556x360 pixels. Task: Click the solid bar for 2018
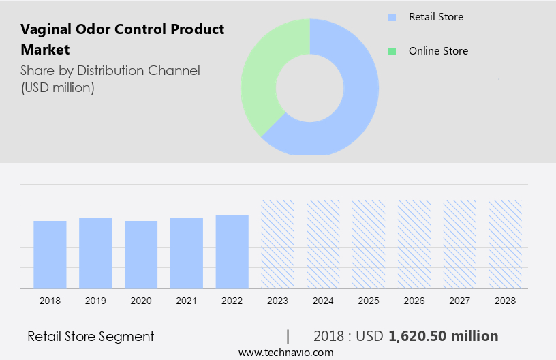[x=50, y=254]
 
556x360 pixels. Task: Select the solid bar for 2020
[x=141, y=254]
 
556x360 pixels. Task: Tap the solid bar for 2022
[x=232, y=252]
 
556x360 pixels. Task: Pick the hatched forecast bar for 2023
[x=278, y=244]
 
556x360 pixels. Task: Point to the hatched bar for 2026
[x=414, y=244]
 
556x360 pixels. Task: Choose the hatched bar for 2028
[x=506, y=244]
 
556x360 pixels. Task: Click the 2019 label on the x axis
[x=95, y=301]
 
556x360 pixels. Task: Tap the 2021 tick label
[x=187, y=301]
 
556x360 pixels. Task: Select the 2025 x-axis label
[x=369, y=301]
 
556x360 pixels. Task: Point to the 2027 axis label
[x=460, y=301]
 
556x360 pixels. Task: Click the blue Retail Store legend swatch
[x=392, y=17]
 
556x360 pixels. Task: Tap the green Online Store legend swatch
[x=392, y=51]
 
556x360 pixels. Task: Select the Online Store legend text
[x=438, y=51]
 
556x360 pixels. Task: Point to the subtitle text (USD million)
[x=57, y=87]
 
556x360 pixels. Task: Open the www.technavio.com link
[x=285, y=352]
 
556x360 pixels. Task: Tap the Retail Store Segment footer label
[x=91, y=336]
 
